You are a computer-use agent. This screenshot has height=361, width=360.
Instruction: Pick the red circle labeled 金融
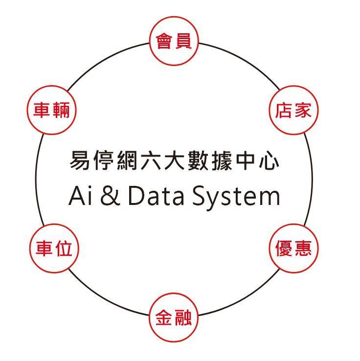pyautogui.click(x=174, y=318)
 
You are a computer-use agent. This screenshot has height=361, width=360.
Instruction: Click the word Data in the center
pyautogui.click(x=156, y=197)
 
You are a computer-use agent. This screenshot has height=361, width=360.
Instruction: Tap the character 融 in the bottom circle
pyautogui.click(x=183, y=318)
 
